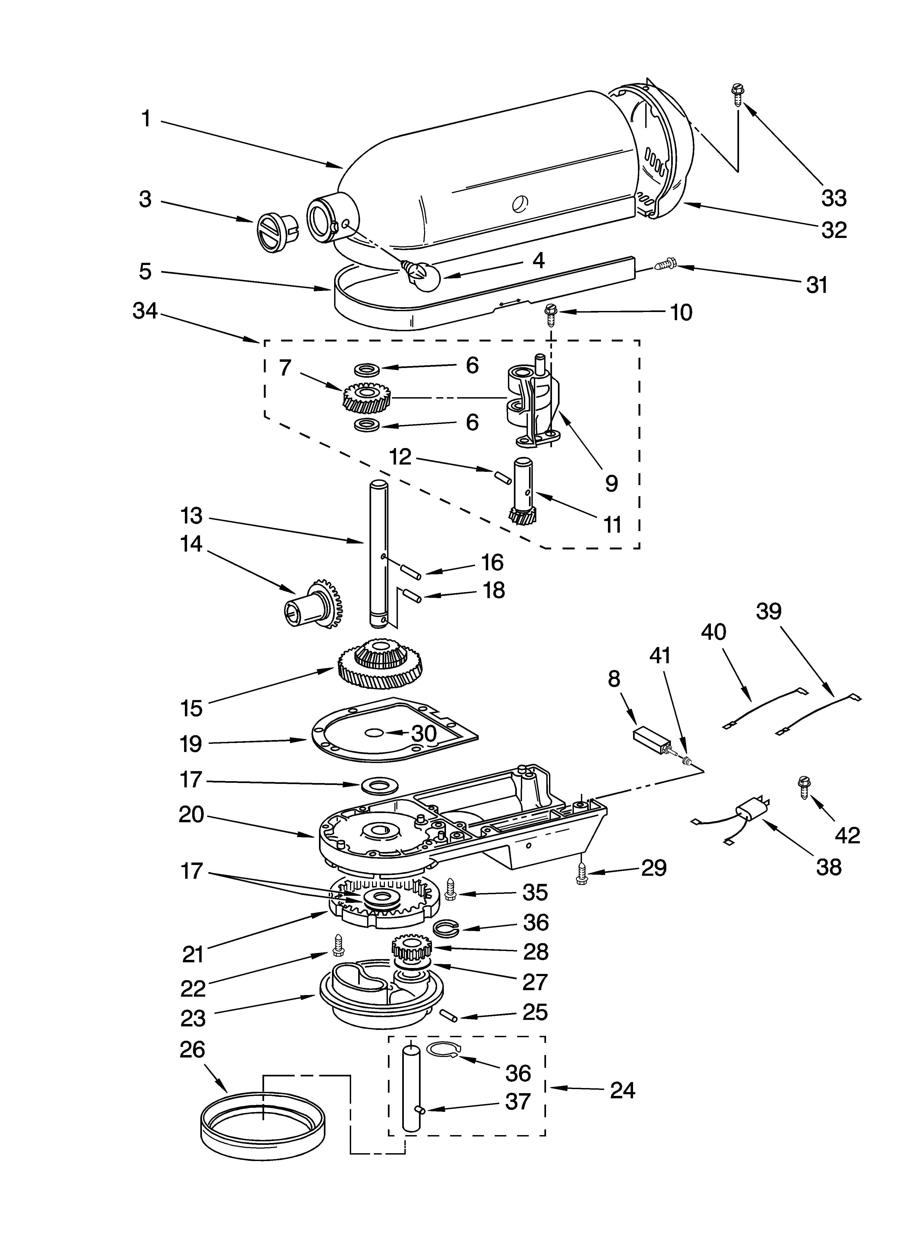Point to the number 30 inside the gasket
click(x=424, y=733)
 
